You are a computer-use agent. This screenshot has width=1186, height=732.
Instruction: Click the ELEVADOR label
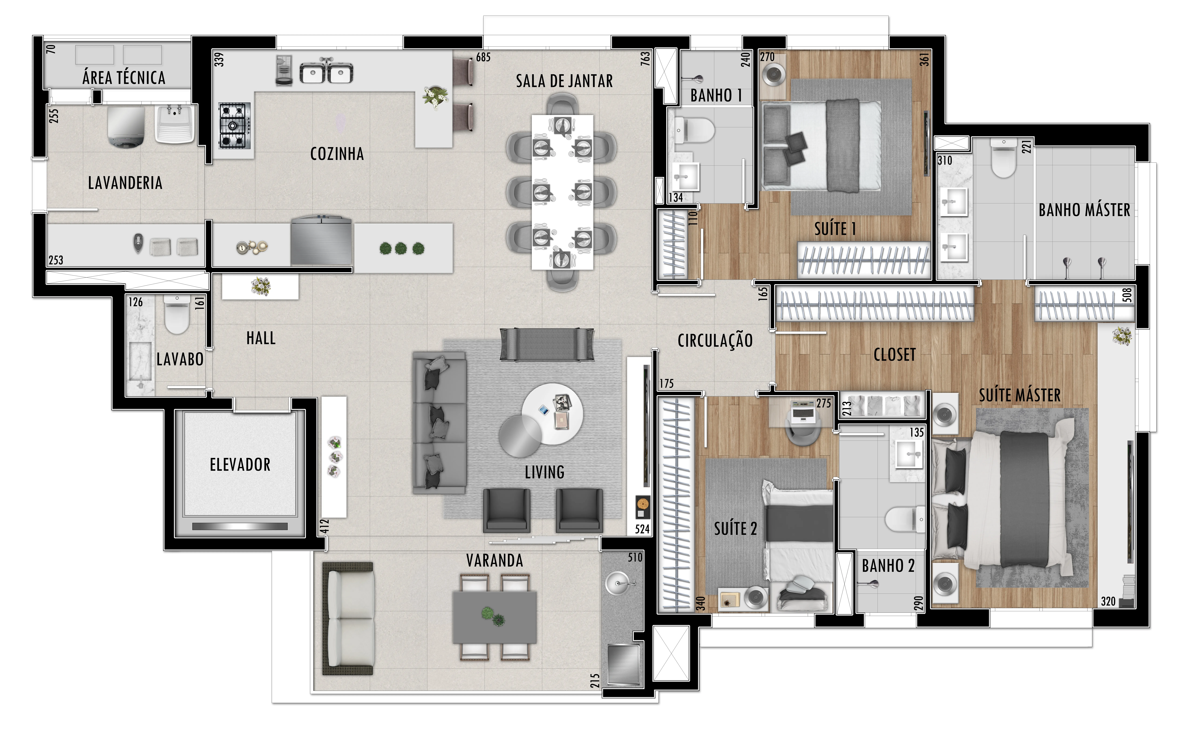(x=240, y=465)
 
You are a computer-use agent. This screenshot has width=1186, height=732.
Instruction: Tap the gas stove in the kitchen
(x=234, y=125)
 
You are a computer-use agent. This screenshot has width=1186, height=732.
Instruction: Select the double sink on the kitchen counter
(x=326, y=72)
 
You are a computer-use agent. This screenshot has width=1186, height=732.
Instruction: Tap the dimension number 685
(x=483, y=57)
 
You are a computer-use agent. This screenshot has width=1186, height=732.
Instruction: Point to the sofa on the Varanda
(x=348, y=619)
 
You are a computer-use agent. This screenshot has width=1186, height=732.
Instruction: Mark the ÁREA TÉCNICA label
(x=124, y=77)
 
